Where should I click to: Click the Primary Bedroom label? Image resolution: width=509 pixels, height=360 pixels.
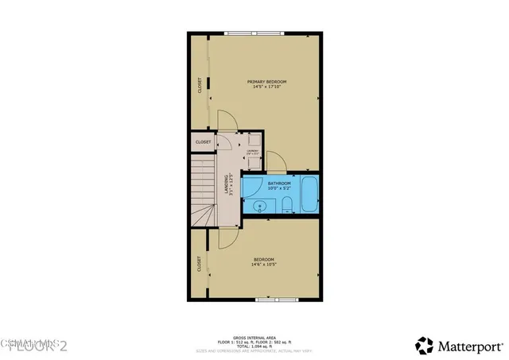266,82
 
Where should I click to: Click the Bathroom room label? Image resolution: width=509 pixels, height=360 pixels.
279,184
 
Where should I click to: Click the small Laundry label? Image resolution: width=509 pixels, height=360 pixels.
252,151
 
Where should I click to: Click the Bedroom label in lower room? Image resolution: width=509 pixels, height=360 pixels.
264,260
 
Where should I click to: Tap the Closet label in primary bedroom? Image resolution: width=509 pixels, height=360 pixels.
199,85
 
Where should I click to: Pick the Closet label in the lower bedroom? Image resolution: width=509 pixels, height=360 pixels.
199,262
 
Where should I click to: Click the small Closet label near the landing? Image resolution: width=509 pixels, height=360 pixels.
203,142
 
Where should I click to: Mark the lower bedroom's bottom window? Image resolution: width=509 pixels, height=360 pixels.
278,300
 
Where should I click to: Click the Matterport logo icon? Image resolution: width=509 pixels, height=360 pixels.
425,345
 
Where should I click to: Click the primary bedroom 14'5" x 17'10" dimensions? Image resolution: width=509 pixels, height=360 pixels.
266,87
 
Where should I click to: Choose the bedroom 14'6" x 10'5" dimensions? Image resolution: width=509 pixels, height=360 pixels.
264,265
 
